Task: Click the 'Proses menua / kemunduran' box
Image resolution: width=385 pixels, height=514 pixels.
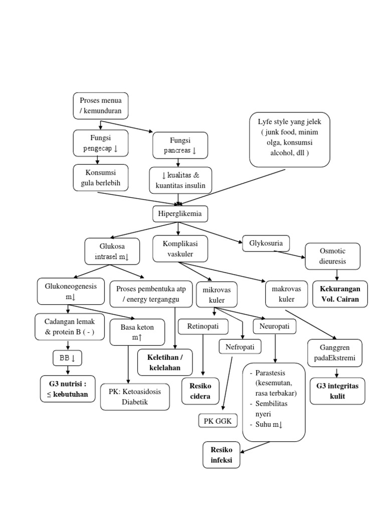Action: [x=100, y=105]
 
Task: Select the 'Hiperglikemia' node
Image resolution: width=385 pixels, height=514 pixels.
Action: [x=180, y=214]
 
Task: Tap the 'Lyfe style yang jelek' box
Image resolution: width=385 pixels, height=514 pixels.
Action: [x=290, y=139]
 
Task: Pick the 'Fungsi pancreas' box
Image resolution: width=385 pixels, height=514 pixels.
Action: [x=180, y=146]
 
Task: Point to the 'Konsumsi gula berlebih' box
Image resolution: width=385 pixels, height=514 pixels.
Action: [x=100, y=178]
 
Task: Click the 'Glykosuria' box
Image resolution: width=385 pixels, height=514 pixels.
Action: [x=266, y=244]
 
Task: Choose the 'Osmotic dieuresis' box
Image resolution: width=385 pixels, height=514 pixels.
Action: [x=332, y=256]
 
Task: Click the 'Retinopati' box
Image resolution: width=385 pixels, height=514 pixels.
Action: [x=203, y=327]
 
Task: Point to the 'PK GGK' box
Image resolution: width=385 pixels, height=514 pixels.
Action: [x=218, y=421]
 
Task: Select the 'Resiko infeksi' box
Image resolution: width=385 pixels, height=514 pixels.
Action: [x=221, y=455]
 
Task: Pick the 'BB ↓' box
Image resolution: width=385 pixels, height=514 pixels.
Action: [x=67, y=358]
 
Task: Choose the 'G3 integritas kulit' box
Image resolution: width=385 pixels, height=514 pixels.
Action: [x=337, y=392]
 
